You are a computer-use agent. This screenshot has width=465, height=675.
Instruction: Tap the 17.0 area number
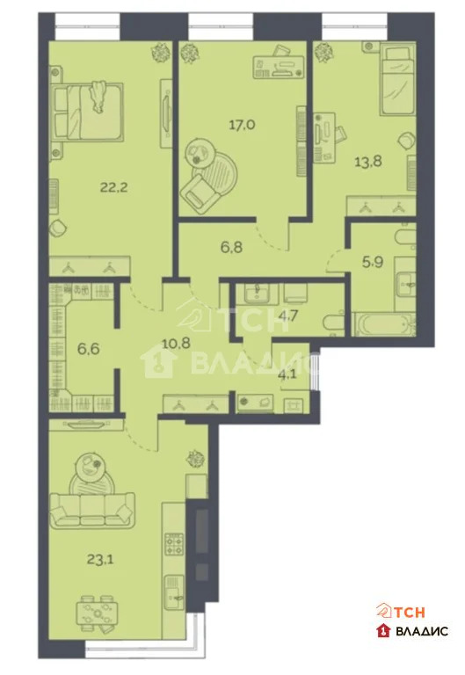(243, 125)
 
